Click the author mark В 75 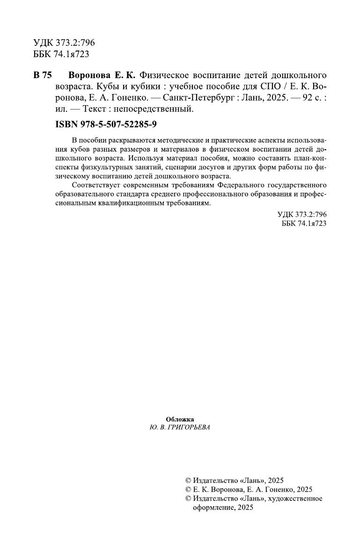(43, 76)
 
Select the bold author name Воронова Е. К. (101, 76)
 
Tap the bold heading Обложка (180, 419)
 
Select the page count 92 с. (309, 98)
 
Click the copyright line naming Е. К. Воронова (249, 489)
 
